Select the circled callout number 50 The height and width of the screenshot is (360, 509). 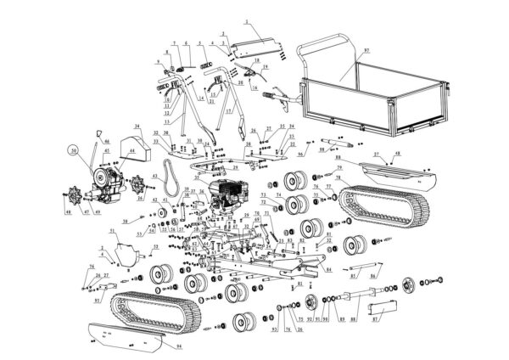click(75, 153)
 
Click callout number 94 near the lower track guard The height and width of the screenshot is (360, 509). click(179, 346)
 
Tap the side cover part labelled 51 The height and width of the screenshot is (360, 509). click(127, 250)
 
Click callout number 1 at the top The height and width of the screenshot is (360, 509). click(246, 20)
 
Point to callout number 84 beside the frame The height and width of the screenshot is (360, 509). click(327, 269)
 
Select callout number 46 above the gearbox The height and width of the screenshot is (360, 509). click(107, 141)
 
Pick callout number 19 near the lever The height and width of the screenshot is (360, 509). click(266, 65)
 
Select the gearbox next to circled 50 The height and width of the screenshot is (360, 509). click(107, 177)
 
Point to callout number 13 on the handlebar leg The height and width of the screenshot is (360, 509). click(165, 121)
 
